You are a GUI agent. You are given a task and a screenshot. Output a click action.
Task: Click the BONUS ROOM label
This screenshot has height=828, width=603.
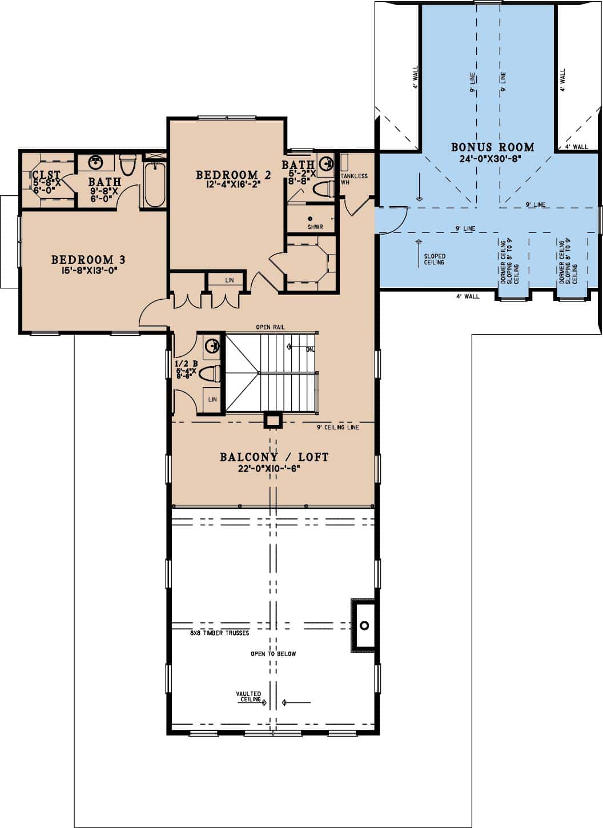click(492, 147)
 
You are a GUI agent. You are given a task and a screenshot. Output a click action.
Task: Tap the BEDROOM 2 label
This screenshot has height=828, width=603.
click(233, 174)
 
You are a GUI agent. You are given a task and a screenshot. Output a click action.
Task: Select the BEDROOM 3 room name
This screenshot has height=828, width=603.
click(89, 260)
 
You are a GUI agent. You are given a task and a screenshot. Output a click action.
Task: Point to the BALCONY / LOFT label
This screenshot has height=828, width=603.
click(274, 457)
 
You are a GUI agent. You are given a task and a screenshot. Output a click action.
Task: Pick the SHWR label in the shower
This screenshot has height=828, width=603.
click(315, 227)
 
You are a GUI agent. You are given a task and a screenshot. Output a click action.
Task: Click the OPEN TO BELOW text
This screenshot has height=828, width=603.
click(273, 654)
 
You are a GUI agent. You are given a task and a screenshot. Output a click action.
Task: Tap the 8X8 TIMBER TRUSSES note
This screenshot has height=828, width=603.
click(219, 633)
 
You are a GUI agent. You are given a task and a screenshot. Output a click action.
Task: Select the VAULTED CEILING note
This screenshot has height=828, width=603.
click(248, 697)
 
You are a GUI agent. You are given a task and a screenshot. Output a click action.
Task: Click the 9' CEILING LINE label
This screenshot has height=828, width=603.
click(337, 427)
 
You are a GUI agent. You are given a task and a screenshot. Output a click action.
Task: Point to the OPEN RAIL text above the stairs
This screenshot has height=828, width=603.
click(271, 327)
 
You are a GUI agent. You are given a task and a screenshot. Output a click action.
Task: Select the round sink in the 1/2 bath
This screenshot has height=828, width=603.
click(212, 345)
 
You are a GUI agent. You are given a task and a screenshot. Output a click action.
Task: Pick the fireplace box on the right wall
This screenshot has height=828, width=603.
click(364, 625)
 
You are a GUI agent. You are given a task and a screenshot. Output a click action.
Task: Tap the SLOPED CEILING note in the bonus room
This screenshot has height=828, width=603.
click(434, 259)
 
